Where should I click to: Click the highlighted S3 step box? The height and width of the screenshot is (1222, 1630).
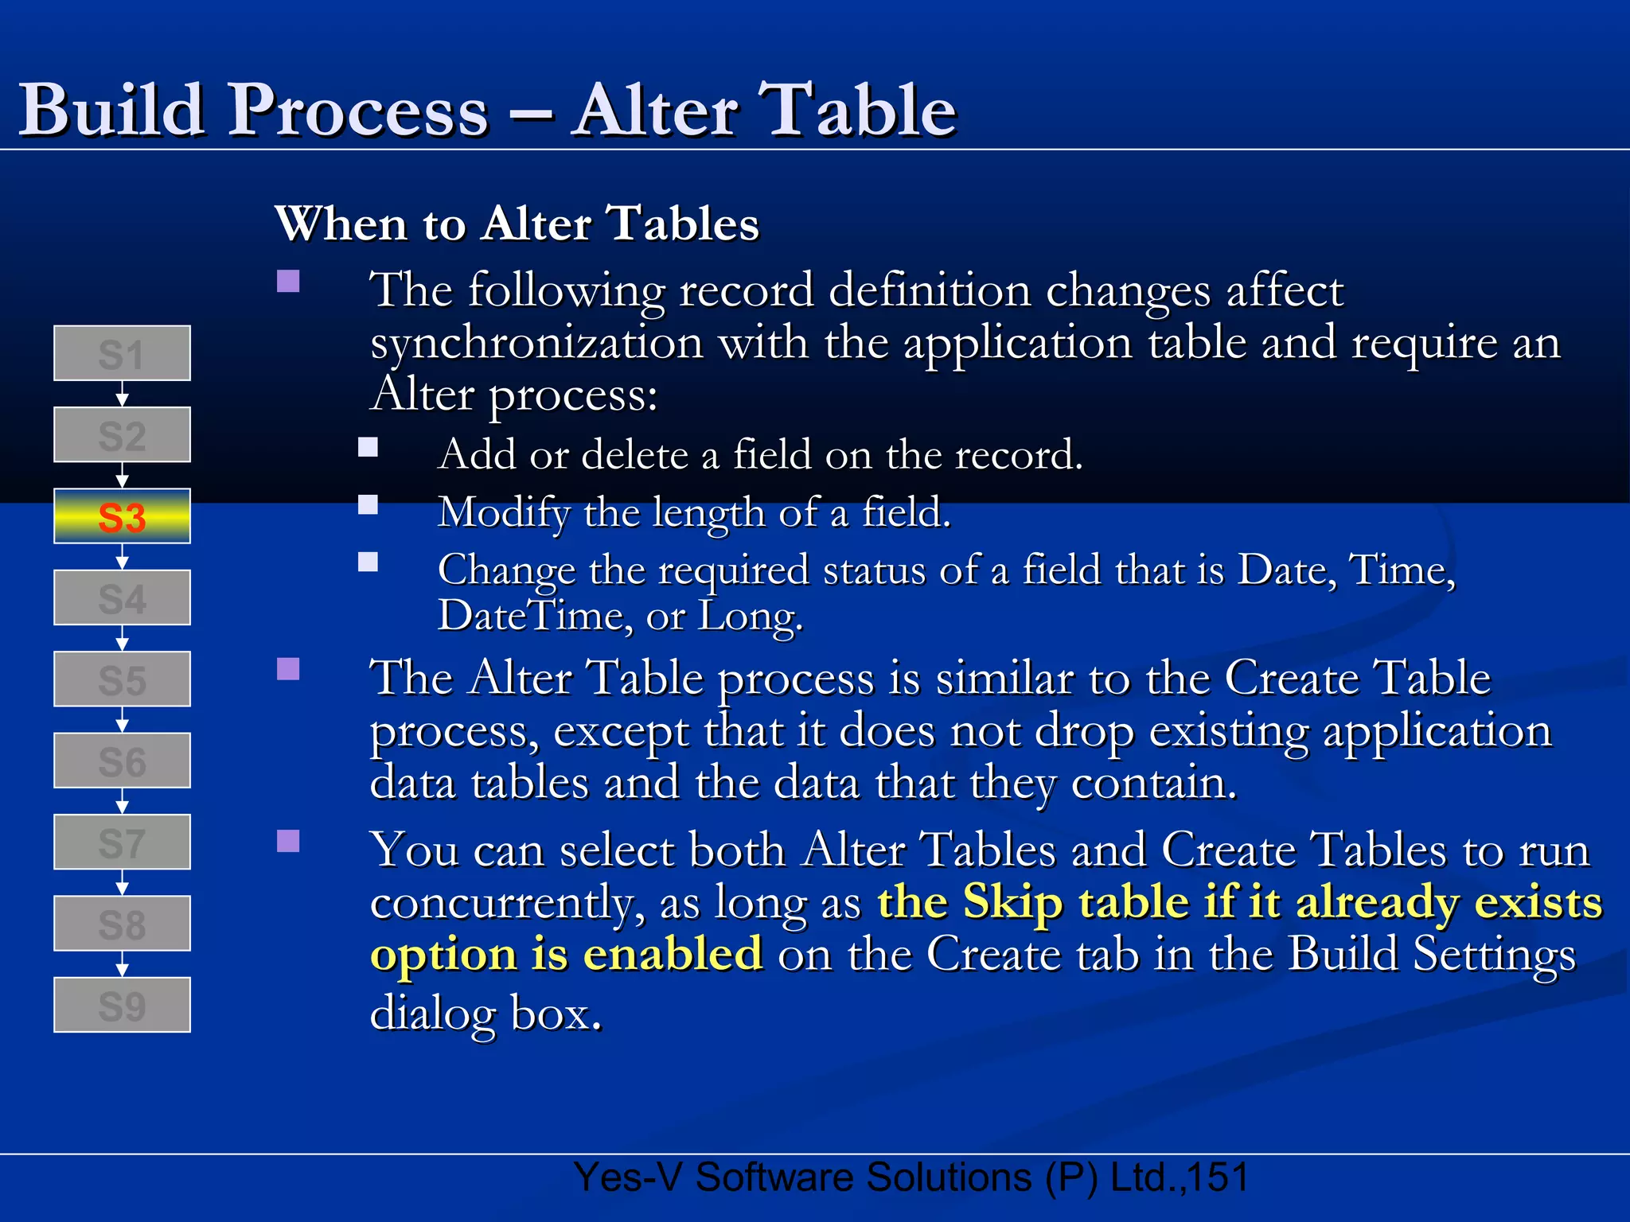(122, 516)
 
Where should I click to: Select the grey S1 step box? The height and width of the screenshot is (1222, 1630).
(122, 353)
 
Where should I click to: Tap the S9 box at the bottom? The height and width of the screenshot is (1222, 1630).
(122, 1005)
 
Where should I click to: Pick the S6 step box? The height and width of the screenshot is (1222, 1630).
(122, 761)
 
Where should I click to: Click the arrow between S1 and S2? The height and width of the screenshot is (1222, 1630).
(122, 394)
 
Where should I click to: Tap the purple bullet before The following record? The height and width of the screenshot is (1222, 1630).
(288, 282)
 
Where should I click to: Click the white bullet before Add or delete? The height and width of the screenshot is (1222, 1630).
(368, 447)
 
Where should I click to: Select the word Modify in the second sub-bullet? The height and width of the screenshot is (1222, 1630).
(504, 512)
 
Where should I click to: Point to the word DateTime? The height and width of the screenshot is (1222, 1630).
(534, 616)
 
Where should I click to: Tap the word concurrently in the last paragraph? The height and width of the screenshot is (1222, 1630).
(506, 904)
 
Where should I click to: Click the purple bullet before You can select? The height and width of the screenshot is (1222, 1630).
(288, 841)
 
